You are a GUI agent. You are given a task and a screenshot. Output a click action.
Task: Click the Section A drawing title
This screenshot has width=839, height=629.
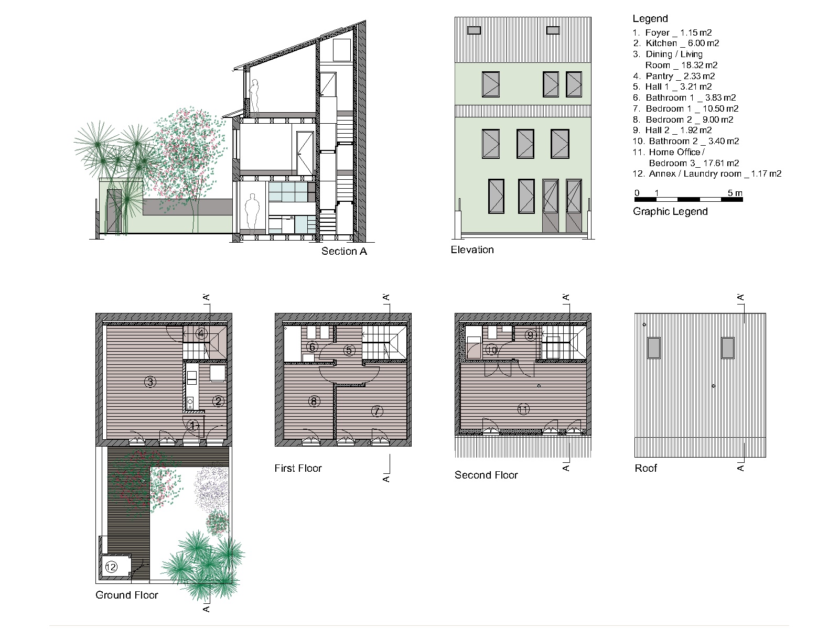344,251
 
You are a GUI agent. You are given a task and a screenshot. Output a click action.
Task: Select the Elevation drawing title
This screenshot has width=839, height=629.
472,250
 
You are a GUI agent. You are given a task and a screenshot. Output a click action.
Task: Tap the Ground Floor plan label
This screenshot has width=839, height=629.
126,595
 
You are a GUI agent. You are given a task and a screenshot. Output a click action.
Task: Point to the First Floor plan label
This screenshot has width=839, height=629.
298,468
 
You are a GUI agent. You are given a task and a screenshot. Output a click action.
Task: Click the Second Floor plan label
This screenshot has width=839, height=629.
486,475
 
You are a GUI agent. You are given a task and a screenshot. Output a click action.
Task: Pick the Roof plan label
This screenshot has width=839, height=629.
646,468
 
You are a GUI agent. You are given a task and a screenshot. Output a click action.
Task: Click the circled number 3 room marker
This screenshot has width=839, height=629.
150,382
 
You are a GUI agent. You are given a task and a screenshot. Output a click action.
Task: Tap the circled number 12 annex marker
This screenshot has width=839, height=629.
111,567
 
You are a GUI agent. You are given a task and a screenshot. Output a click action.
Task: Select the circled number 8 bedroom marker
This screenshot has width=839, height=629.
314,402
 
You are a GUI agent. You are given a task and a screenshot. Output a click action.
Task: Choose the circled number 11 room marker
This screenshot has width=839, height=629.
523,410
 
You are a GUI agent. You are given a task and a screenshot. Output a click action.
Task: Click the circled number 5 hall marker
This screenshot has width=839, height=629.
349,350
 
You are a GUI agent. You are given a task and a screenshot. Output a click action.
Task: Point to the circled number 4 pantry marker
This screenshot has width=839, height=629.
201,334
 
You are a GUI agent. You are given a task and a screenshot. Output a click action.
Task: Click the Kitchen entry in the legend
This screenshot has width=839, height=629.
676,43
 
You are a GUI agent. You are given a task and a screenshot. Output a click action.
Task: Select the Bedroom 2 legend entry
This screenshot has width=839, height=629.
683,120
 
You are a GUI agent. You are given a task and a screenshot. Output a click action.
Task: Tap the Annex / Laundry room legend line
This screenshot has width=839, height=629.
707,174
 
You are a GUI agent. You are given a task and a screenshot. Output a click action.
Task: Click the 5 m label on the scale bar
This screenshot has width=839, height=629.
735,193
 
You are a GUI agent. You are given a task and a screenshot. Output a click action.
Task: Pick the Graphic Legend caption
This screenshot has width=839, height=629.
670,212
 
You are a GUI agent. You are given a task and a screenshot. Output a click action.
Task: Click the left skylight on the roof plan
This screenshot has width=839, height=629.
653,348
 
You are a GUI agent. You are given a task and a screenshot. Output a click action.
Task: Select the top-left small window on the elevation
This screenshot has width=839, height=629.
474,30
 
